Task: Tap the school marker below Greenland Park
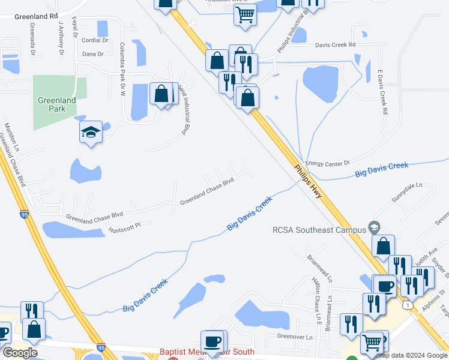(x=91, y=132)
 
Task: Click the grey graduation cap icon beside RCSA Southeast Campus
(x=374, y=227)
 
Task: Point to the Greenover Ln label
(x=295, y=337)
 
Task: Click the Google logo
(x=20, y=352)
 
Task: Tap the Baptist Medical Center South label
(x=206, y=352)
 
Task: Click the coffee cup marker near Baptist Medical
(x=211, y=341)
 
